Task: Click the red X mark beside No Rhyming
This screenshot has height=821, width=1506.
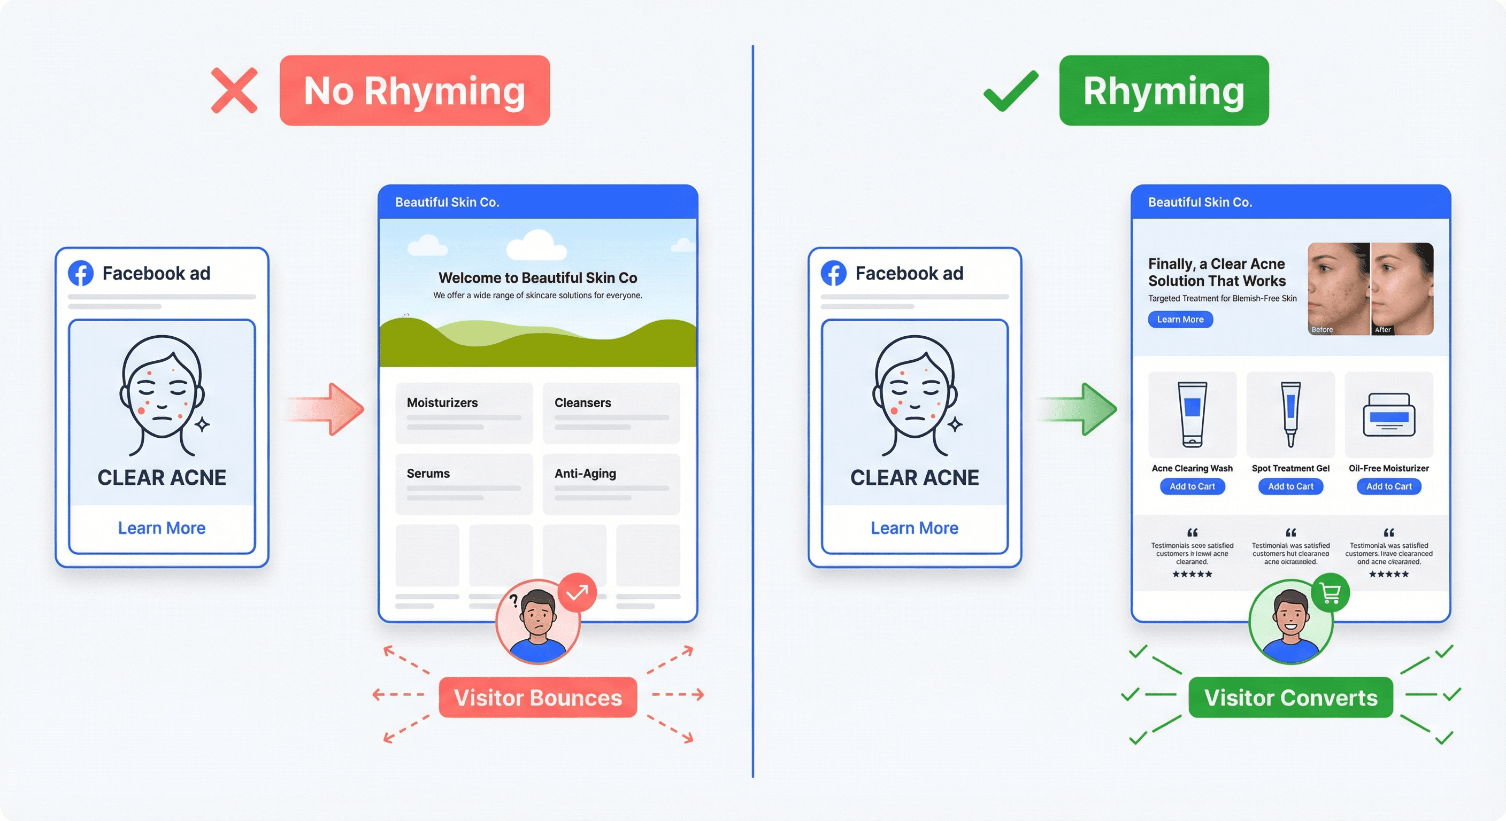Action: click(x=234, y=90)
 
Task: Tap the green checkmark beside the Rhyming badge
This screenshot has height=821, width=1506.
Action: click(x=1011, y=91)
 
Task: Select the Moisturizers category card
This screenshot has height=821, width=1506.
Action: click(x=464, y=413)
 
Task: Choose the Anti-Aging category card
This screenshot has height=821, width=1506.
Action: click(x=611, y=483)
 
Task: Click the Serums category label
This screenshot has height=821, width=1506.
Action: click(x=428, y=474)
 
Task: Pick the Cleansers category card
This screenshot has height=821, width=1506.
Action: click(x=611, y=413)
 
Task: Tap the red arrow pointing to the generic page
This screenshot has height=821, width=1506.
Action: click(x=327, y=409)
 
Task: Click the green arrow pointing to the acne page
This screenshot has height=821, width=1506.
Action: click(x=1079, y=409)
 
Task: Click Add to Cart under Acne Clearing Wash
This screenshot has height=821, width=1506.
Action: click(x=1192, y=486)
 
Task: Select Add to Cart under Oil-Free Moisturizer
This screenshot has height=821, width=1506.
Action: click(x=1388, y=486)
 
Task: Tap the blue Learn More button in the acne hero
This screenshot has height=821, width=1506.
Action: click(x=1180, y=320)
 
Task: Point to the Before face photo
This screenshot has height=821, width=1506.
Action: click(x=1338, y=289)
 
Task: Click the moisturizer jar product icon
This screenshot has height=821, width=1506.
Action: click(x=1388, y=415)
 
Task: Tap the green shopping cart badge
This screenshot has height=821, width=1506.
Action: click(x=1330, y=593)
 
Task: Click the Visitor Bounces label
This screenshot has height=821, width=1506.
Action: click(x=538, y=697)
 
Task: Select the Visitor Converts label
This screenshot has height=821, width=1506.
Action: click(x=1290, y=697)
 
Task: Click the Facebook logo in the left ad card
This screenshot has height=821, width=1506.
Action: click(x=81, y=273)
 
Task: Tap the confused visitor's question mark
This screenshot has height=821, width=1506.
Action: click(x=513, y=600)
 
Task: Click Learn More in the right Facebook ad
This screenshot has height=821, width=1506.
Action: click(x=915, y=528)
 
